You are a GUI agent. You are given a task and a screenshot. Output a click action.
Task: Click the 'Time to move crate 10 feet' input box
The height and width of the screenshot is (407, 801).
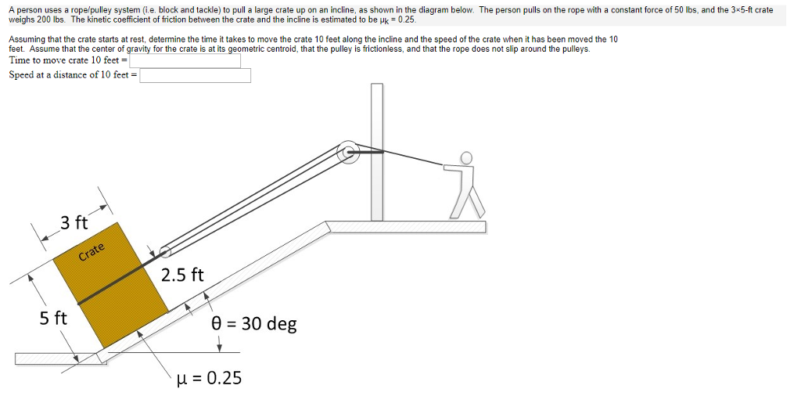tap(185, 60)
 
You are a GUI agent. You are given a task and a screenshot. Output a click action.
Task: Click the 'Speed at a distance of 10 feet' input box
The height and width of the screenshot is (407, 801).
tap(195, 75)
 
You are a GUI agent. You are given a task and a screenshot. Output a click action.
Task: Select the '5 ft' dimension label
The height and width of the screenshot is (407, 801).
tap(53, 318)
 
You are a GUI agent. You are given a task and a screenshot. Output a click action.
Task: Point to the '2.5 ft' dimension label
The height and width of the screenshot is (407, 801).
tap(182, 275)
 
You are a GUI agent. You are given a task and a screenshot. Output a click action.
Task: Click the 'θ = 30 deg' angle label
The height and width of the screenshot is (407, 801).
tap(254, 323)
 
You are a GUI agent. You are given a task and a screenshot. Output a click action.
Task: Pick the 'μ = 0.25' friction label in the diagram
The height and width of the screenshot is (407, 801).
tap(210, 378)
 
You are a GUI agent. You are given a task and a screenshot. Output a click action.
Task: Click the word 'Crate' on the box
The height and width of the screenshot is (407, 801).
tap(91, 251)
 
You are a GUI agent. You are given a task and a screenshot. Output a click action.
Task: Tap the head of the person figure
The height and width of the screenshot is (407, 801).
tap(467, 158)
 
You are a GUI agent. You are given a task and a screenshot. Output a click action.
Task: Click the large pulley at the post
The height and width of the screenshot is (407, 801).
tap(348, 153)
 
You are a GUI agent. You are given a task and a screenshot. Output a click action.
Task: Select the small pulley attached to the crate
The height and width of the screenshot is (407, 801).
tap(165, 251)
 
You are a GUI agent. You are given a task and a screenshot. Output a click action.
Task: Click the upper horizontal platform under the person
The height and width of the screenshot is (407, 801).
tap(407, 227)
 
